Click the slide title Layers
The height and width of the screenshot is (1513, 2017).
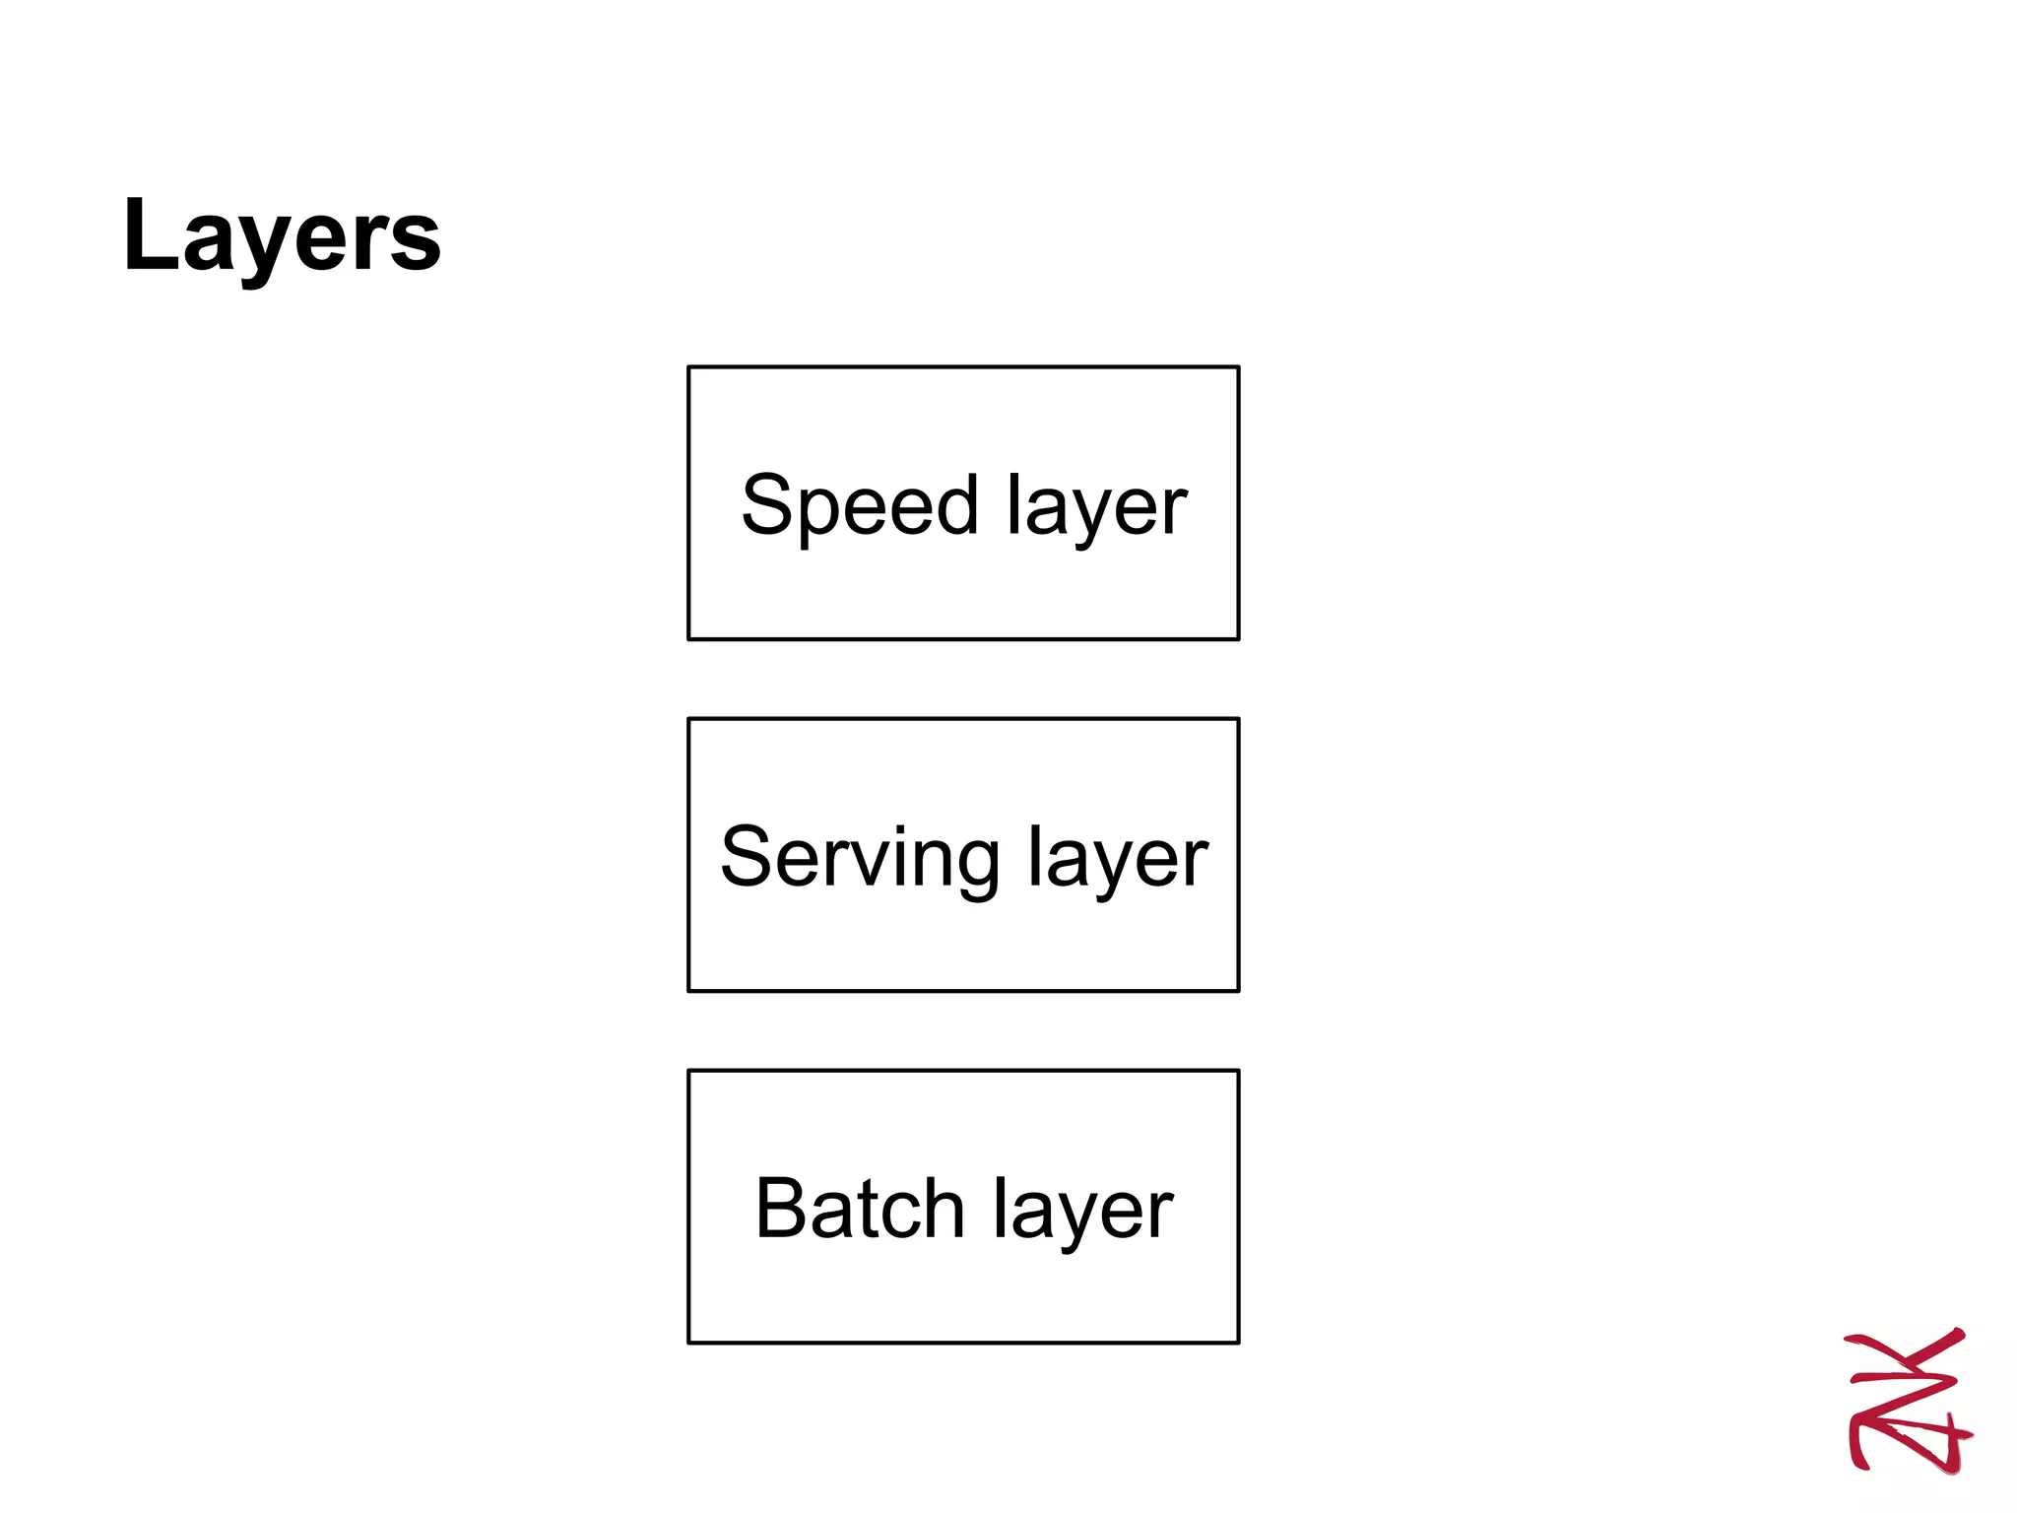(x=282, y=236)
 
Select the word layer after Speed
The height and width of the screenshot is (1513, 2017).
(x=1097, y=506)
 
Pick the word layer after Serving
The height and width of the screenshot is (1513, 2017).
(x=1118, y=858)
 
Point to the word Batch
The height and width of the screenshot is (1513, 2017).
(x=860, y=1209)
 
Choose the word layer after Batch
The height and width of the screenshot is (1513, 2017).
(x=1083, y=1209)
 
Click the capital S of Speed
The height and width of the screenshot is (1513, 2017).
(x=767, y=505)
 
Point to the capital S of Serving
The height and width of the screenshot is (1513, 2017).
(x=747, y=857)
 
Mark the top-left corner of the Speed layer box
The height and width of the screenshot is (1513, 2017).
(x=688, y=367)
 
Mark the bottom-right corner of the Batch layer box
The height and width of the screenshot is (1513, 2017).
(x=1238, y=1342)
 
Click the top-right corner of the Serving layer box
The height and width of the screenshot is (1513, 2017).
(x=1238, y=719)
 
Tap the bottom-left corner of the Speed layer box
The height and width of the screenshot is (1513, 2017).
(x=688, y=638)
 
